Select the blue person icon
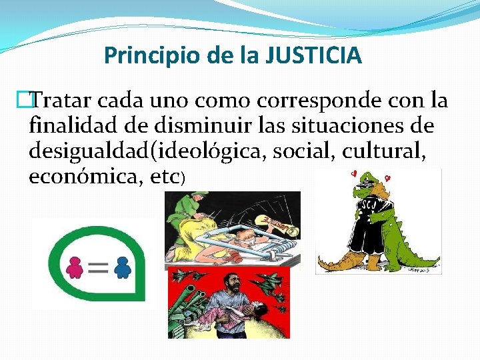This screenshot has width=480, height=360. click(x=121, y=267)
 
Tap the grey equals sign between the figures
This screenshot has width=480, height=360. click(x=97, y=268)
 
